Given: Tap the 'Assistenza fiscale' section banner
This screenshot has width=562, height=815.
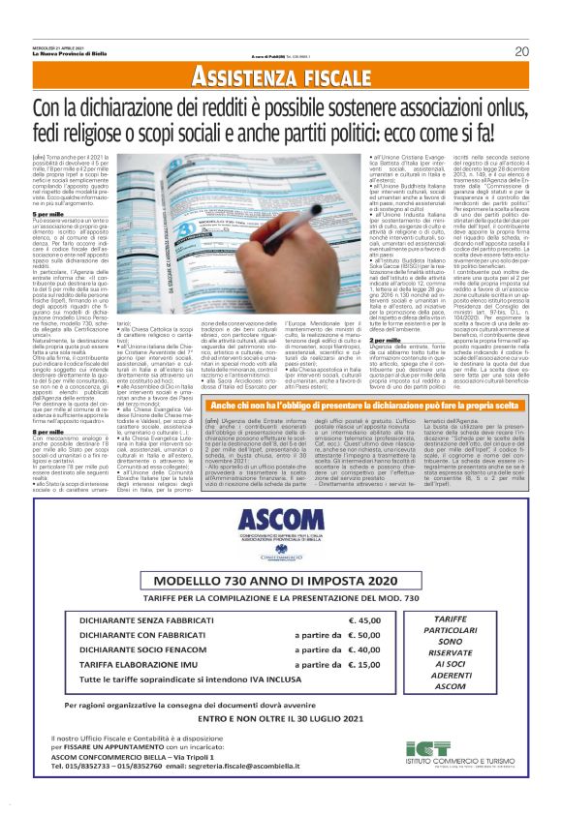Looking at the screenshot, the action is point(281,76).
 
